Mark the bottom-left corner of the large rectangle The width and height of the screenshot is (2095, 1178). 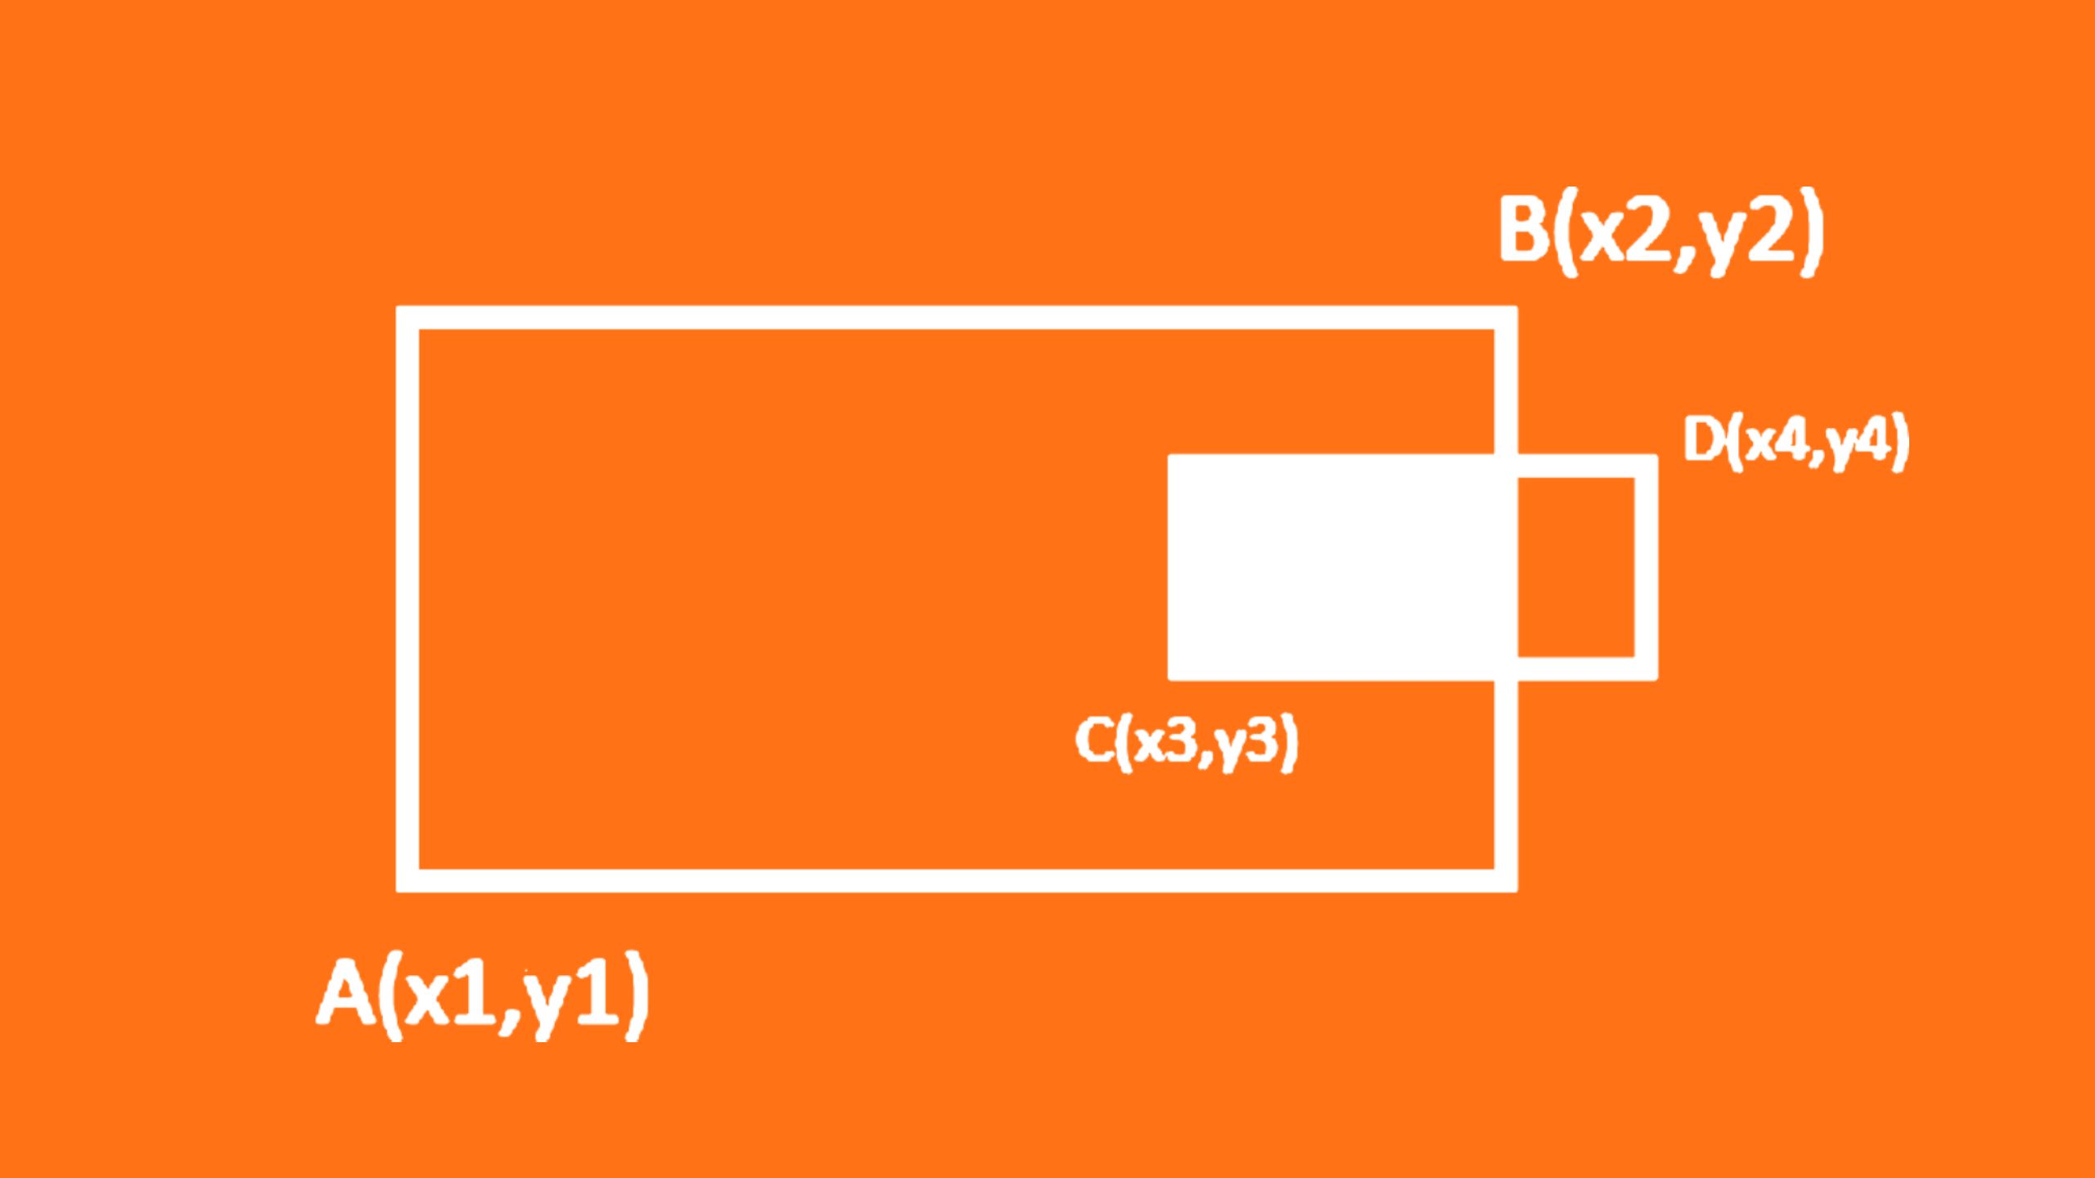click(408, 880)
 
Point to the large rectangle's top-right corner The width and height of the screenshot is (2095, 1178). click(1506, 317)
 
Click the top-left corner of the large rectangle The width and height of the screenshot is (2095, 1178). click(408, 317)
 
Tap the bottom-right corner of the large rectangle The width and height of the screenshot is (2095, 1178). click(1506, 880)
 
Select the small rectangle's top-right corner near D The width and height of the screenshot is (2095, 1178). click(1647, 465)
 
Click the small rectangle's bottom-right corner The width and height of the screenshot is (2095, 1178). click(1647, 668)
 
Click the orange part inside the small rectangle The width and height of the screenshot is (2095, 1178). click(1576, 567)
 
